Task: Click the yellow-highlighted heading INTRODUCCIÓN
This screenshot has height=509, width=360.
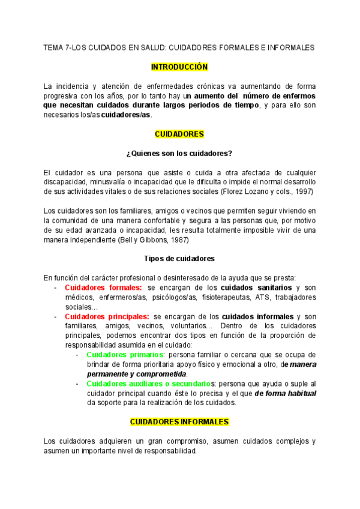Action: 179,67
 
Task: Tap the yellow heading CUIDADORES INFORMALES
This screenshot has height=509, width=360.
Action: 179,422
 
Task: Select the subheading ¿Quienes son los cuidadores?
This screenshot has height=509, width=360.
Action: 179,153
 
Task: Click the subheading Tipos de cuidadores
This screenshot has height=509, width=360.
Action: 179,259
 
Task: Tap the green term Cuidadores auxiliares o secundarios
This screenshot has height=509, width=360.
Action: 149,384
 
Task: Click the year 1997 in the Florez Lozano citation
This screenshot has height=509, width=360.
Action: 300,191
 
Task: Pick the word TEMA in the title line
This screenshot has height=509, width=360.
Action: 55,47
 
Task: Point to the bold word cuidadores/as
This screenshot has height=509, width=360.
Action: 126,115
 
